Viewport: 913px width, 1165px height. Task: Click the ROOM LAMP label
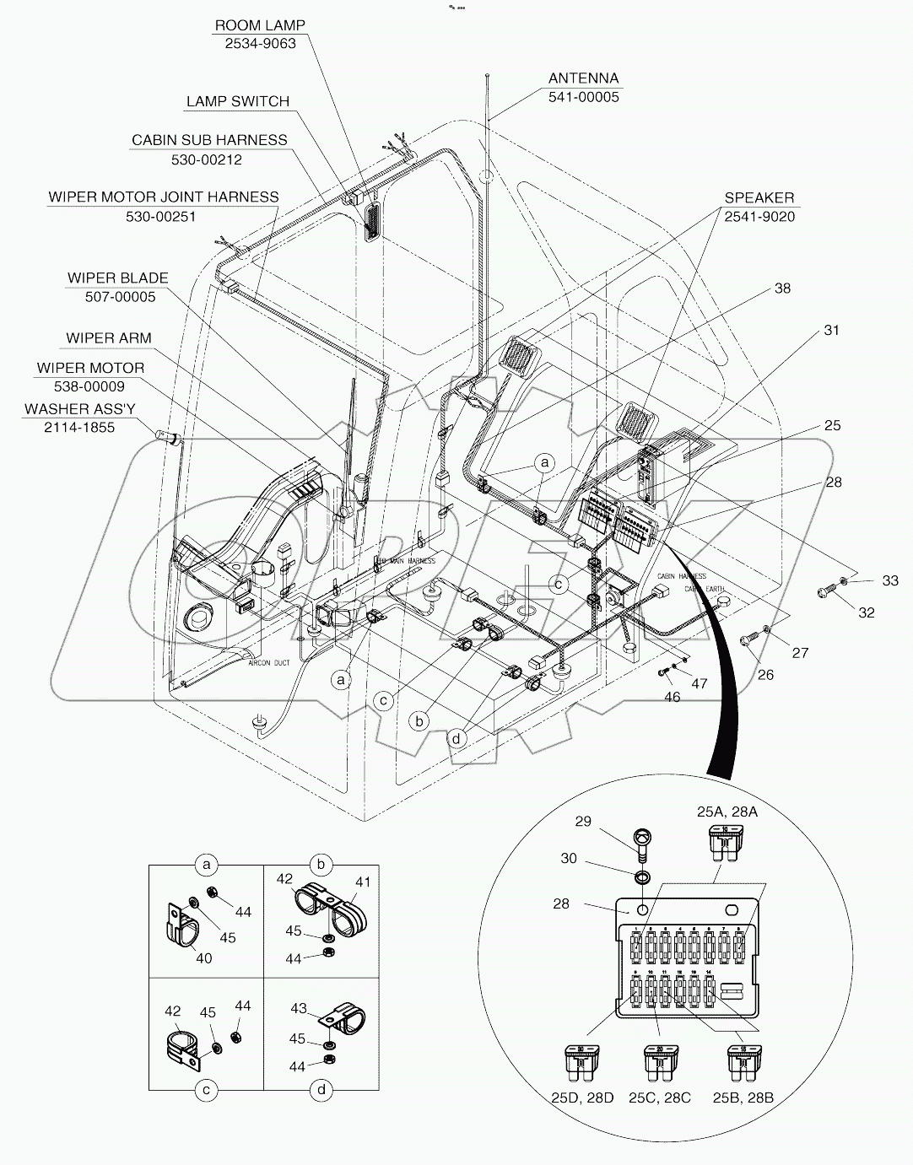260,25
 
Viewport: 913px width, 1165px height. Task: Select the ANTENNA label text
583,78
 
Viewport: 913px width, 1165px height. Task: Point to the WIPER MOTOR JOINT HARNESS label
163,197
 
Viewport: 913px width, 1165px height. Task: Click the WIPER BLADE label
118,278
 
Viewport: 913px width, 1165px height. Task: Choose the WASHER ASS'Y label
79,408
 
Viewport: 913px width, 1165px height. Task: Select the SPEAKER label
759,197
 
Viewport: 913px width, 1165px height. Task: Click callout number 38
782,289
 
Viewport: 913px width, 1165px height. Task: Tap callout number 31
832,331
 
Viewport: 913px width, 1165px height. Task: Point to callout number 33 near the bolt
890,580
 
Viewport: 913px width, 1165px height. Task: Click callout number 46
672,697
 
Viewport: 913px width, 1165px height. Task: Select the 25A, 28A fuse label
727,812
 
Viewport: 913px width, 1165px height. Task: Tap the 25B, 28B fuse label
743,1098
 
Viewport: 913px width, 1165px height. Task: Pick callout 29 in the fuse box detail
583,820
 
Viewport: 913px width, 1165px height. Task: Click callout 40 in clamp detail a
203,957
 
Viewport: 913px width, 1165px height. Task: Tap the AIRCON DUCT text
269,663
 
